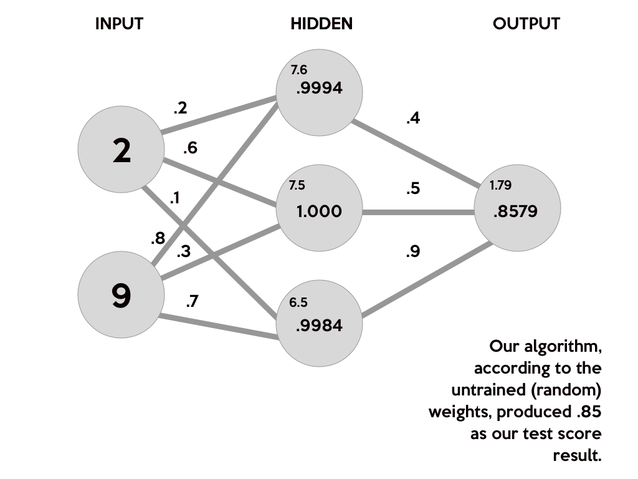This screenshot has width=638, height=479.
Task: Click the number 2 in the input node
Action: [121, 151]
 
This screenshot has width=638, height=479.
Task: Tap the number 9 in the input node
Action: [121, 296]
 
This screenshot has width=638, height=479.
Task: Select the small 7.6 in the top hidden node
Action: [299, 70]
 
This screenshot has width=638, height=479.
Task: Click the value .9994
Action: [320, 89]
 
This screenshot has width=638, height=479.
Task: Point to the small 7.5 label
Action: [297, 186]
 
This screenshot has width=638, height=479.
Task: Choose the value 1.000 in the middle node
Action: [320, 211]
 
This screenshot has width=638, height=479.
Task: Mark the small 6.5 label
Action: [298, 302]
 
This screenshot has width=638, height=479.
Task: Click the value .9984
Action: [320, 325]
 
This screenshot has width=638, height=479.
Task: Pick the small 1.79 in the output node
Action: [500, 185]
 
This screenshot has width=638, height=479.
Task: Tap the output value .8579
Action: [515, 211]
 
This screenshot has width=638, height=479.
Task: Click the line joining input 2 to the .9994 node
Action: [218, 115]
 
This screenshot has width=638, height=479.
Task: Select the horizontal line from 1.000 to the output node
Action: [417, 212]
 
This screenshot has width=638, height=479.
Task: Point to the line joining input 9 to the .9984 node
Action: [218, 328]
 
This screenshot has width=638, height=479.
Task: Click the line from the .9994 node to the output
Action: [417, 153]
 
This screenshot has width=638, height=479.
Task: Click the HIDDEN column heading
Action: [321, 24]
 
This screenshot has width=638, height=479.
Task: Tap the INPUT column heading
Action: [121, 24]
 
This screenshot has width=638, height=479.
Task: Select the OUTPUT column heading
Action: [527, 24]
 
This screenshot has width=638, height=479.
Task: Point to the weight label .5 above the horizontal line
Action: [414, 190]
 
